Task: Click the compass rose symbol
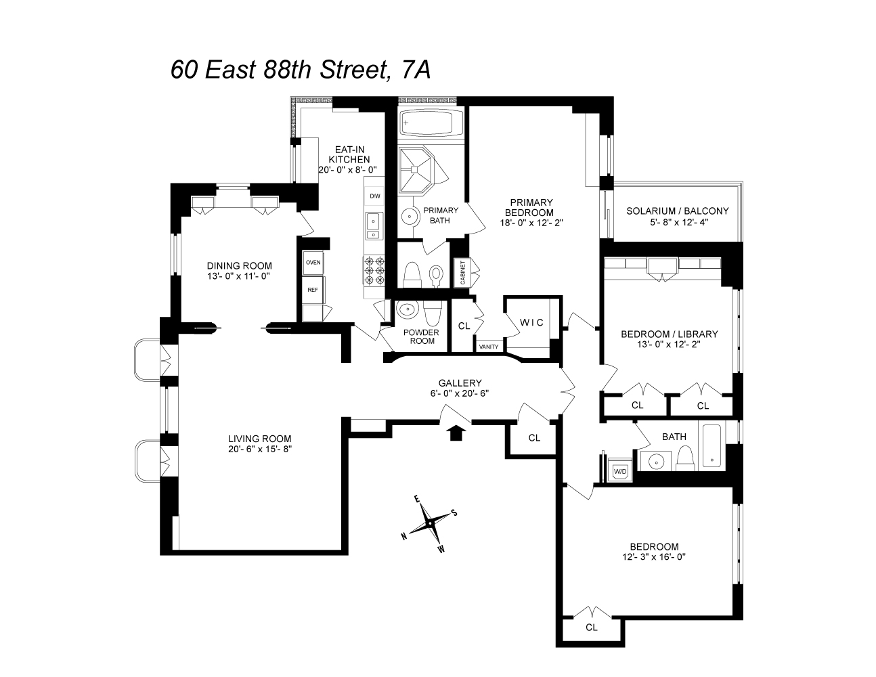[429, 523]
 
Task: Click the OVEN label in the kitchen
[313, 262]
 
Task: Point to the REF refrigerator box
[313, 289]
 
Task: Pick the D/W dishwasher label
[374, 196]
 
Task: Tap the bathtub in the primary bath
[429, 123]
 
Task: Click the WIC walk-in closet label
[531, 322]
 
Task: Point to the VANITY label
[489, 347]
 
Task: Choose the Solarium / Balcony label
[677, 211]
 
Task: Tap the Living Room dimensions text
[259, 448]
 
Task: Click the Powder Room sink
[406, 311]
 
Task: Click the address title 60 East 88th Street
[301, 70]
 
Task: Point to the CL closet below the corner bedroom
[592, 627]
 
